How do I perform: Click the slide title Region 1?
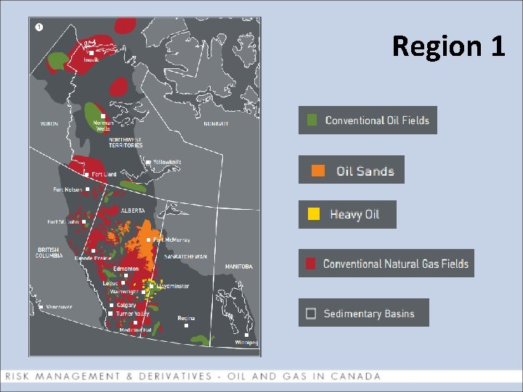(x=448, y=46)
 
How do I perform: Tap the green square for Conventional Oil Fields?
(x=312, y=121)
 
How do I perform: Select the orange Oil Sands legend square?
(x=318, y=171)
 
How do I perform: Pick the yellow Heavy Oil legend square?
(x=313, y=214)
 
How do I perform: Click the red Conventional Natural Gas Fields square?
(x=311, y=264)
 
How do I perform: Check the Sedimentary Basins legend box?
(x=311, y=314)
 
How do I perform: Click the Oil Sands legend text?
(x=365, y=171)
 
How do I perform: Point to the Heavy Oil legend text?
(x=354, y=214)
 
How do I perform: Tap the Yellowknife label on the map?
(x=166, y=163)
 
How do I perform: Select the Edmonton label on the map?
(x=126, y=269)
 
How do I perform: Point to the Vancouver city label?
(x=59, y=307)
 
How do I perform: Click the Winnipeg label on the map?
(x=246, y=342)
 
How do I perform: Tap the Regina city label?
(x=187, y=318)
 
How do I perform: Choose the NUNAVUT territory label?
(x=216, y=124)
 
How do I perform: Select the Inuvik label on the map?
(x=91, y=60)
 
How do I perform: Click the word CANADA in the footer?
(x=356, y=376)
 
